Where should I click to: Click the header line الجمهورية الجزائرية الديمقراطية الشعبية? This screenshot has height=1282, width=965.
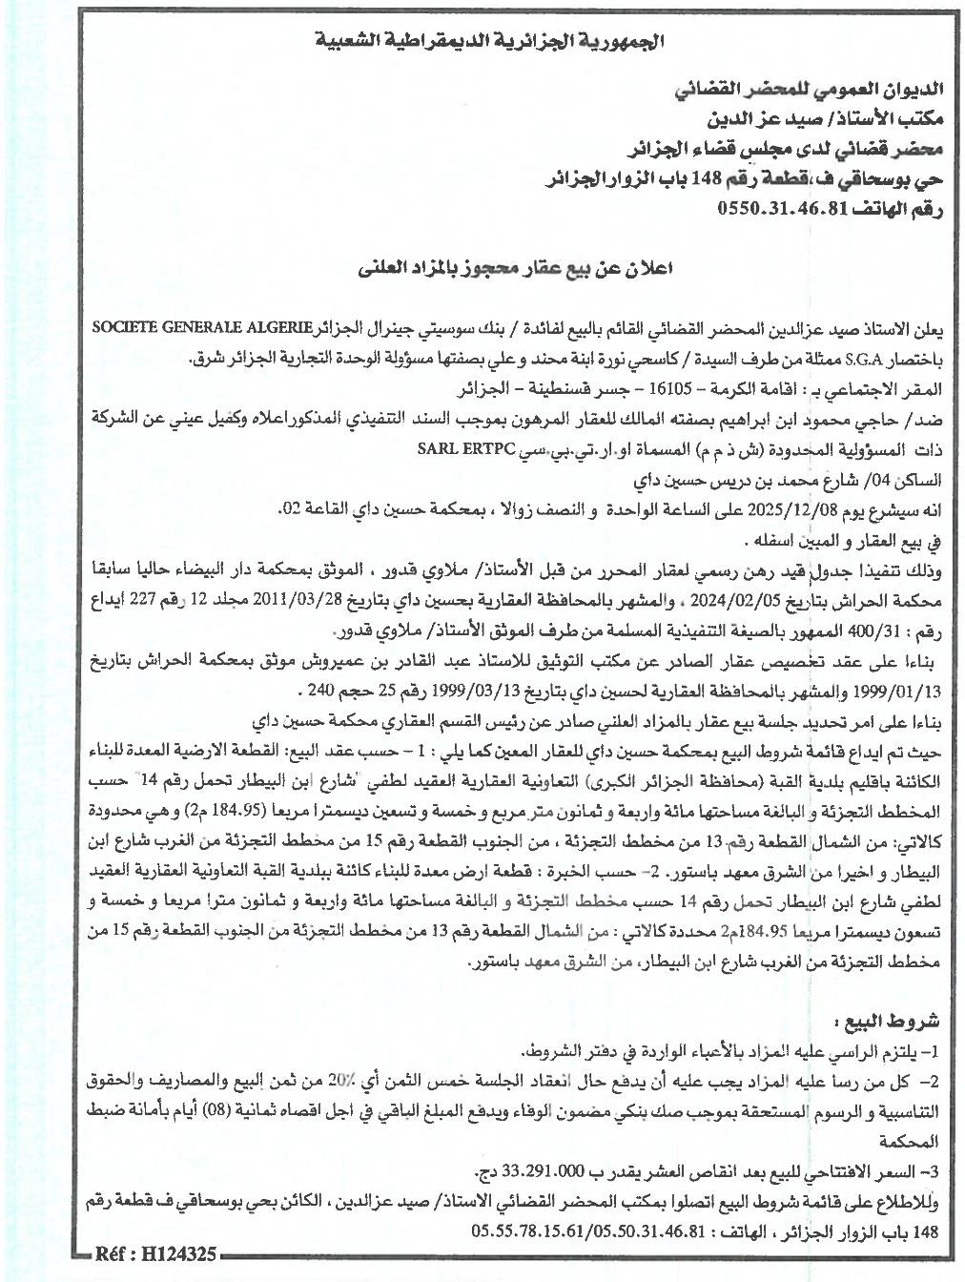[489, 42]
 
